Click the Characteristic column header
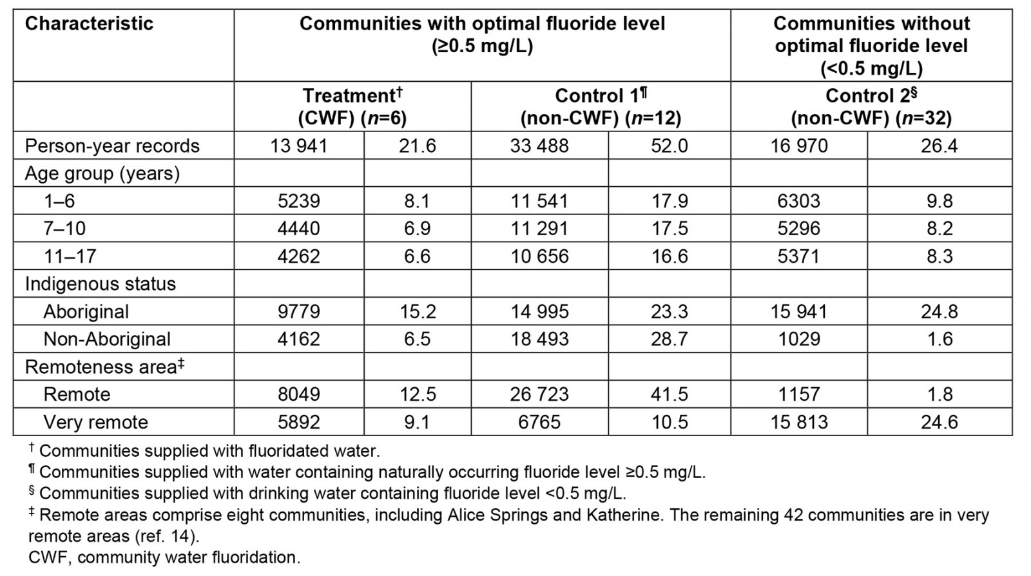[x=89, y=24]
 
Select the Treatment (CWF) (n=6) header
[x=352, y=107]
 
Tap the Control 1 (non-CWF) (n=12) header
[x=601, y=107]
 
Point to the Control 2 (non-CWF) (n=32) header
[x=871, y=107]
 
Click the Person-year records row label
[x=112, y=146]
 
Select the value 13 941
[x=298, y=146]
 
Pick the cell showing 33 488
[x=539, y=146]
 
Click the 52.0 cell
[x=669, y=146]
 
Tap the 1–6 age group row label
[x=59, y=201]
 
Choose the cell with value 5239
[x=298, y=201]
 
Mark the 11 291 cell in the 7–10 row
[x=539, y=229]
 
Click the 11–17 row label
[x=70, y=256]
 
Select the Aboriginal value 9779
[x=298, y=312]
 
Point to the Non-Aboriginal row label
[x=107, y=340]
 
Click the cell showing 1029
[x=799, y=340]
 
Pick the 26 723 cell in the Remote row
[x=539, y=394]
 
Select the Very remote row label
[x=95, y=423]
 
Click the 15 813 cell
[x=799, y=423]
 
